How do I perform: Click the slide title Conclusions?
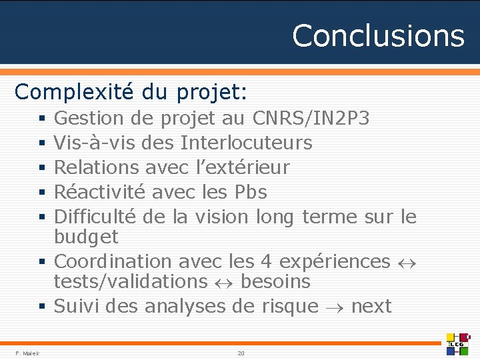pyautogui.click(x=378, y=35)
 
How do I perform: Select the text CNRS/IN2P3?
pyautogui.click(x=311, y=119)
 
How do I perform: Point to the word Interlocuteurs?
pyautogui.click(x=246, y=143)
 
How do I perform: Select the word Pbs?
pyautogui.click(x=251, y=192)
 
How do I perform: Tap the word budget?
pyautogui.click(x=86, y=237)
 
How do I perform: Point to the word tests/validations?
pyautogui.click(x=131, y=281)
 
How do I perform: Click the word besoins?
pyautogui.click(x=275, y=281)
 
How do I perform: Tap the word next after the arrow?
pyautogui.click(x=371, y=306)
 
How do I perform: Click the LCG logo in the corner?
pyautogui.click(x=459, y=343)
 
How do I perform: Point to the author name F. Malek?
pyautogui.click(x=27, y=353)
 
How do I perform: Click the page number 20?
pyautogui.click(x=241, y=353)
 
